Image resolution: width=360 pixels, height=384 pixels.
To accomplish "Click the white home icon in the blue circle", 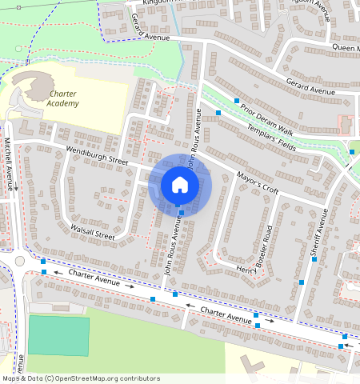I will [180, 185].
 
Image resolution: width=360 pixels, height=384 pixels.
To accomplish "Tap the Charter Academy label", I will [62, 99].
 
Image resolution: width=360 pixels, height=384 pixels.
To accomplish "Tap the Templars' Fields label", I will [271, 139].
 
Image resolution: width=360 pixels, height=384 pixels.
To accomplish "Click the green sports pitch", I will [58, 335].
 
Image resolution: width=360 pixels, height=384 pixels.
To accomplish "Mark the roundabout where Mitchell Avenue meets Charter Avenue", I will [19, 262].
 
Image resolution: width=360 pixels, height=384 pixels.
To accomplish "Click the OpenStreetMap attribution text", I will [80, 378].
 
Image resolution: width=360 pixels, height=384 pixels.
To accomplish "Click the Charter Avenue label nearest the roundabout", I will [94, 277].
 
